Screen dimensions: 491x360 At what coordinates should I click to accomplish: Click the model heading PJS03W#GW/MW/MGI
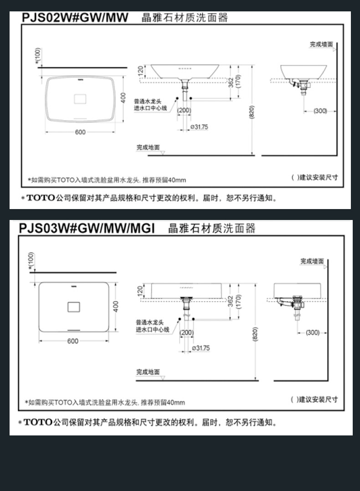coord(87,228)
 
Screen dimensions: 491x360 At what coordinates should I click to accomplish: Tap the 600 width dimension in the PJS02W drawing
coord(80,132)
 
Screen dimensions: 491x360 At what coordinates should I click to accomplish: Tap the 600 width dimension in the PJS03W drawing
coord(72,341)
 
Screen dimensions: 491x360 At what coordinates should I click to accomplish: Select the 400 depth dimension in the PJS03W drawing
coord(116,306)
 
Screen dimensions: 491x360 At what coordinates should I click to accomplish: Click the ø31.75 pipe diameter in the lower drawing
coord(201,348)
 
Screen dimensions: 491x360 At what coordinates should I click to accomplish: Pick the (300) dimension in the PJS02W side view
coord(320,111)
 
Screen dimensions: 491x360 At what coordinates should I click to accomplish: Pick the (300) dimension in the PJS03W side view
coord(313,332)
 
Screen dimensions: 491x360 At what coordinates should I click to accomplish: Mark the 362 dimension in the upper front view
coord(231,82)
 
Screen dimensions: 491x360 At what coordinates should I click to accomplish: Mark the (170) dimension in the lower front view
coord(238,301)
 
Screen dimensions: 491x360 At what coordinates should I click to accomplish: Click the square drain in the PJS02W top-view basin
coord(80,97)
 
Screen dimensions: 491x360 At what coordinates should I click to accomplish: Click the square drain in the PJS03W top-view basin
coord(74,307)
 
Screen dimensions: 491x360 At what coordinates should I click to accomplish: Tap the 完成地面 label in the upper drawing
coord(148,148)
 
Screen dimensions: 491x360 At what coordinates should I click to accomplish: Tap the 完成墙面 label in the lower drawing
coord(312,261)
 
